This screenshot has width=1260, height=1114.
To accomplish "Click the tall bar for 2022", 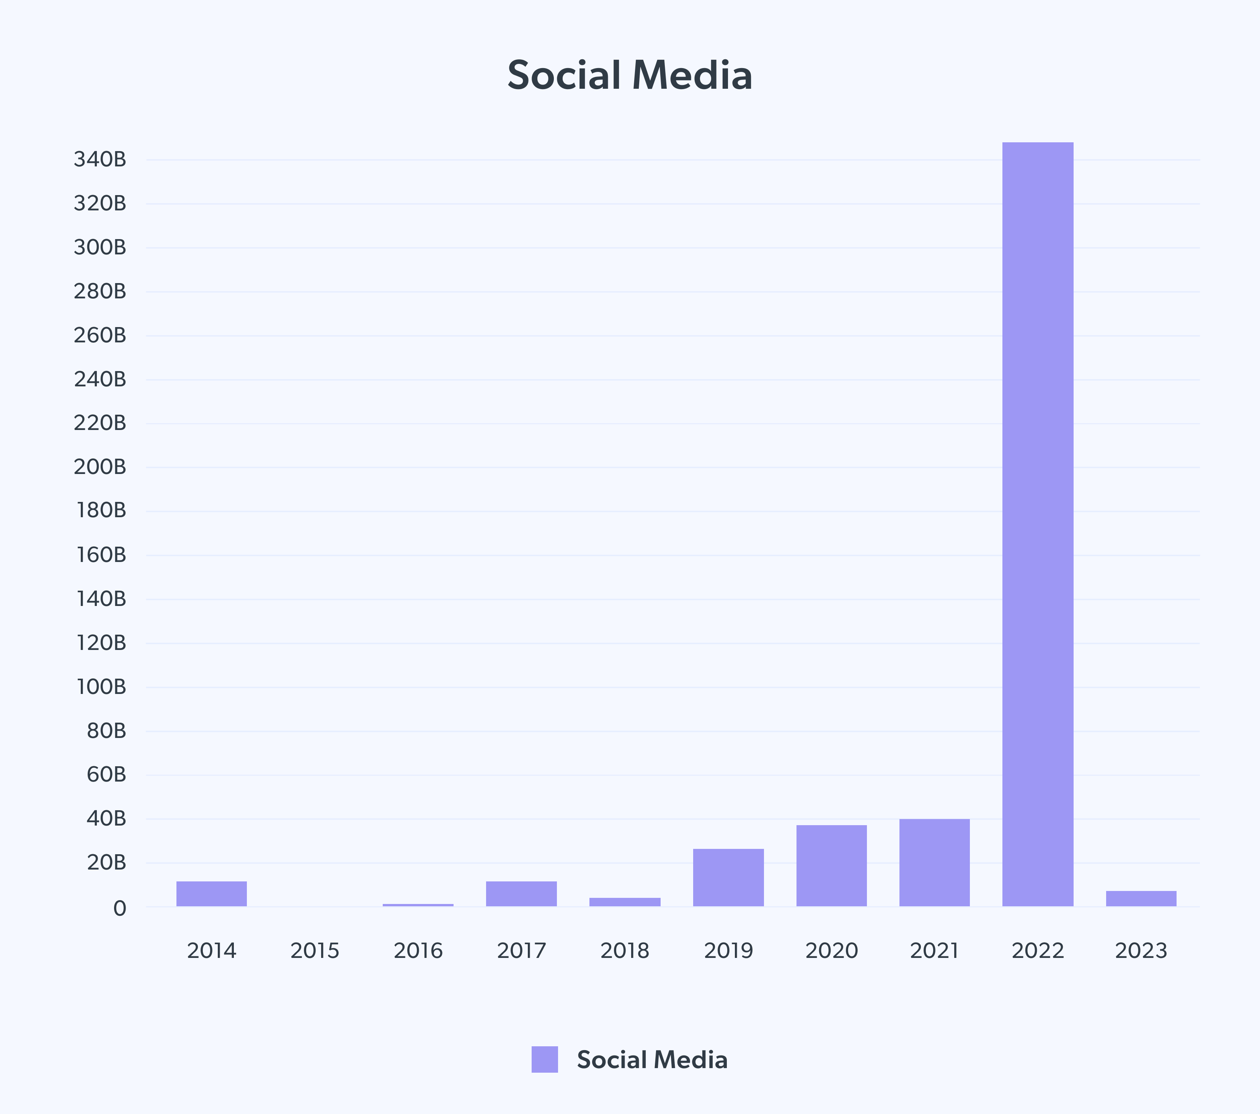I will pos(1038,524).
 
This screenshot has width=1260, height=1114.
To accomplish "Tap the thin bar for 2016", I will pos(418,904).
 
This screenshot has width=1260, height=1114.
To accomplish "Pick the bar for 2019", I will pos(728,878).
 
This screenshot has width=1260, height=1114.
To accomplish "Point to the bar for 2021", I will pos(935,863).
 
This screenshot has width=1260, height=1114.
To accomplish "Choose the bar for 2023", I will pos(1141,898).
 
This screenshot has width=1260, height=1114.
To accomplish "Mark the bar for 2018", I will pos(625,902).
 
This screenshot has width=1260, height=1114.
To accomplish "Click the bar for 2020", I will pos(832,866).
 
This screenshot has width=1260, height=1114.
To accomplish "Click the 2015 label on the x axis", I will pos(315,951).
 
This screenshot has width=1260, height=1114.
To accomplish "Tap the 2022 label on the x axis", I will pos(1038,951).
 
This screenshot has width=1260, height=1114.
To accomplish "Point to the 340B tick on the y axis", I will pos(100,160).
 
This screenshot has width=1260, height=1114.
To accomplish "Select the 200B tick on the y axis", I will pos(100,467).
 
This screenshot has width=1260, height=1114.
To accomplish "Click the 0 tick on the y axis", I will pos(119,908).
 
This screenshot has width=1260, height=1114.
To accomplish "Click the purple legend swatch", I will pos(544,1059).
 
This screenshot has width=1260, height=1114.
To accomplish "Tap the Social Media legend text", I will pos(652,1060).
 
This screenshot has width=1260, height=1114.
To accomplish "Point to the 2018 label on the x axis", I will pos(625,951).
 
